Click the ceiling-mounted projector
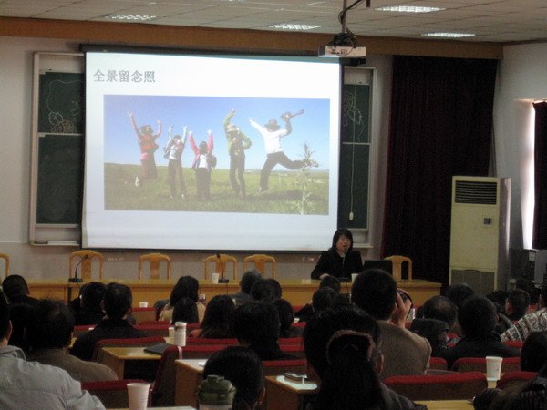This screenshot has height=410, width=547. coord(342,50)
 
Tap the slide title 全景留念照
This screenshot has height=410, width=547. coord(124,77)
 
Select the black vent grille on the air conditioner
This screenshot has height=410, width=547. coord(476,192)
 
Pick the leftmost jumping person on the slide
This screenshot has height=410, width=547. coord(146,147)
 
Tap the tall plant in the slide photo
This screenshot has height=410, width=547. coord(305,179)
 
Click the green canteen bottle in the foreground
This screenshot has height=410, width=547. coord(216,392)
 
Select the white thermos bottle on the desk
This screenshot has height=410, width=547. coord(180,333)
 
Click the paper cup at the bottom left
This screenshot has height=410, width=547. coord(139,396)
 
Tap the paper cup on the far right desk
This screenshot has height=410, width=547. coord(494,368)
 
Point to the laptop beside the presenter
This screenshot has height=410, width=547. coord(377,267)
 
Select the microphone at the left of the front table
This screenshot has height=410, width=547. coord(78,269)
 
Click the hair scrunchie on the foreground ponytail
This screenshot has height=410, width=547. coord(350,346)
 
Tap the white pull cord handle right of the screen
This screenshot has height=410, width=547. coord(351,216)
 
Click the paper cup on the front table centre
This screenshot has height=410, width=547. coord(215,278)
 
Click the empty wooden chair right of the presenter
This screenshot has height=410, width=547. coord(398,267)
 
